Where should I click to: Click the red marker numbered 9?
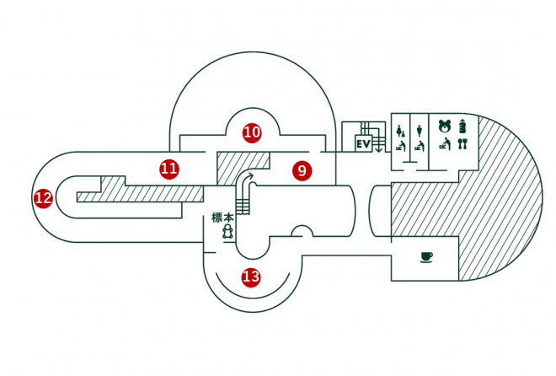(302, 170)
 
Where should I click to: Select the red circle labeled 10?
(252, 132)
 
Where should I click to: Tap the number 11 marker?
(169, 169)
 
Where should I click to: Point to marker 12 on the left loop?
(43, 199)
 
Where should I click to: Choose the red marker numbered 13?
(251, 277)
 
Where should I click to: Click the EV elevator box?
(364, 144)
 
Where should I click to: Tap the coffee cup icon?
(426, 255)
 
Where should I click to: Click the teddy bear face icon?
(444, 127)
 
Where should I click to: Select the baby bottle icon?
(462, 127)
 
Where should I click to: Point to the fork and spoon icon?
(462, 144)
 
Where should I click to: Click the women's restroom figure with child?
(400, 131)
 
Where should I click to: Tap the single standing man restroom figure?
(419, 130)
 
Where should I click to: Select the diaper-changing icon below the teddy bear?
(444, 145)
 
